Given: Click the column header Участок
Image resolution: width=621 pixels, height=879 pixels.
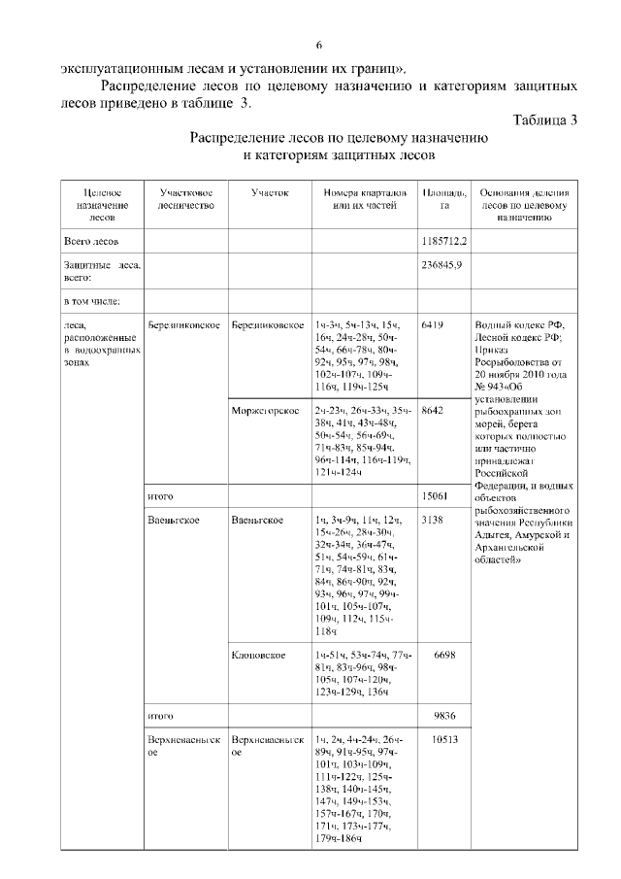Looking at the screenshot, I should pos(270,193).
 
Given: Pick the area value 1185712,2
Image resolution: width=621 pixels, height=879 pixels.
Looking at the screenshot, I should pos(444,239).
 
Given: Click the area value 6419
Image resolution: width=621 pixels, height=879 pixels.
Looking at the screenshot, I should pos(434,324).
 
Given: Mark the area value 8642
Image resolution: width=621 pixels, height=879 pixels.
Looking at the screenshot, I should pos(434,411).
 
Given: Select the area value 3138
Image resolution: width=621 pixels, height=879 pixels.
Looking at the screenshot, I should pos(434,521).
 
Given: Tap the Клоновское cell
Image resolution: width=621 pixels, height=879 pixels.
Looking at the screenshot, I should pos(258,655).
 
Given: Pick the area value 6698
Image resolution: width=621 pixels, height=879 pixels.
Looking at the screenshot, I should pos(442,655).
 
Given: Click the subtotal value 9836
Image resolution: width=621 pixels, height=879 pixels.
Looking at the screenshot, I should pos(442,715).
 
